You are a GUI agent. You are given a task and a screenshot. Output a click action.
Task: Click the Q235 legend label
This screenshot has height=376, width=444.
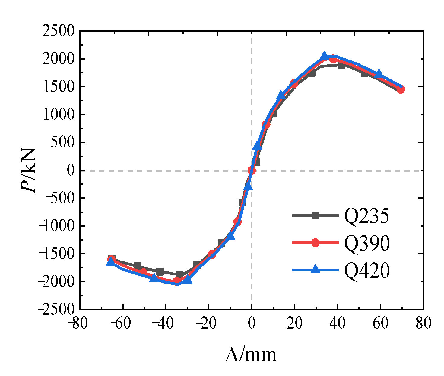pos(366,216)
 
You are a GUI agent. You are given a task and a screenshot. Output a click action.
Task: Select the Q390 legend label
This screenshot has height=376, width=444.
pos(367,243)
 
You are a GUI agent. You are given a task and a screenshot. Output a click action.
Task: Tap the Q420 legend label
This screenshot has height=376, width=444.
pos(367,270)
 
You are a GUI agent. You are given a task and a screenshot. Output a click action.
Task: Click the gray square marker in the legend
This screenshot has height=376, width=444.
pos(315,216)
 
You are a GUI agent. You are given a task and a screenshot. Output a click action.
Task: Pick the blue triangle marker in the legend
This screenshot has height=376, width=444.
pos(315,269)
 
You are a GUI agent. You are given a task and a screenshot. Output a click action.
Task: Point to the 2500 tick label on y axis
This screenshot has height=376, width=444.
pos(58,31)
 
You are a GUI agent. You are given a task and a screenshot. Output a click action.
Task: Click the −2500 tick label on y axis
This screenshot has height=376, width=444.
pos(56,309)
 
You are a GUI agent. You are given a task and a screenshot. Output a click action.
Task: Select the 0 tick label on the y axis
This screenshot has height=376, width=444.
pos(71,170)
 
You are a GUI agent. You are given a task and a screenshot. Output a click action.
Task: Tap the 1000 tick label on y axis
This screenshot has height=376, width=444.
pos(59,115)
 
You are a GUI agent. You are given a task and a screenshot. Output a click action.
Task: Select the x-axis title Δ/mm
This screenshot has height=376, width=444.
pos(251,355)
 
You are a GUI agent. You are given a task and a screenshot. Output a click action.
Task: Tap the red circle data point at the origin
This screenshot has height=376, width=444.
pos(252,170)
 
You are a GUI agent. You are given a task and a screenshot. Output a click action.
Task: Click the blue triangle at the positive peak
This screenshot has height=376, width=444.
pos(324,56)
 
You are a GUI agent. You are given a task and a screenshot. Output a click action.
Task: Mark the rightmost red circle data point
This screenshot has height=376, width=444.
pos(401,89)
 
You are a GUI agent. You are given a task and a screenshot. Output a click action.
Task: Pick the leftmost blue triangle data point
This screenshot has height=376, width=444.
pos(111,262)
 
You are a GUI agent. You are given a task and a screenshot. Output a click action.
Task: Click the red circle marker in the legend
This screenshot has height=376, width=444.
pos(315,243)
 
